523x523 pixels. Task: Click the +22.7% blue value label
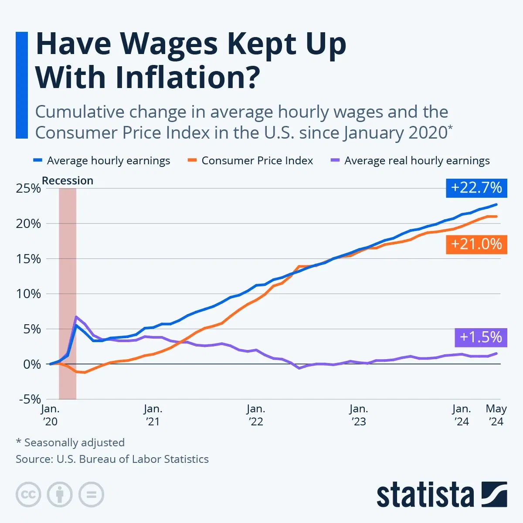tap(476, 188)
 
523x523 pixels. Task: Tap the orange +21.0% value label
tap(476, 244)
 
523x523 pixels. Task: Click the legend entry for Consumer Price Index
tap(257, 161)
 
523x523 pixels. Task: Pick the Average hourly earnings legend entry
tap(108, 161)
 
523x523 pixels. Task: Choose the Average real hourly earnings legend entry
tap(417, 161)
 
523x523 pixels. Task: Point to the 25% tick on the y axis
tap(28, 189)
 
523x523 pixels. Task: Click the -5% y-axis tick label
tap(30, 399)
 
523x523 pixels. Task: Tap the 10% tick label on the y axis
tap(28, 294)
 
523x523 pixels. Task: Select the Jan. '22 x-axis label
tap(256, 415)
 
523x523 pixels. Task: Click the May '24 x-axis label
tap(496, 415)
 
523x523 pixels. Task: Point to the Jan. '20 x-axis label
tap(50, 415)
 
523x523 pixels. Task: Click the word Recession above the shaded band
tap(68, 180)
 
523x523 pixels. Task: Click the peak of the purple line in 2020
tap(76, 317)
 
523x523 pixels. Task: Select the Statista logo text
tap(425, 495)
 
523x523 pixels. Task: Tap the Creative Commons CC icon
tap(28, 495)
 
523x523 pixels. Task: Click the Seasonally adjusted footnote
tap(71, 443)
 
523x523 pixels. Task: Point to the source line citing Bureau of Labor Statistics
tap(112, 459)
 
